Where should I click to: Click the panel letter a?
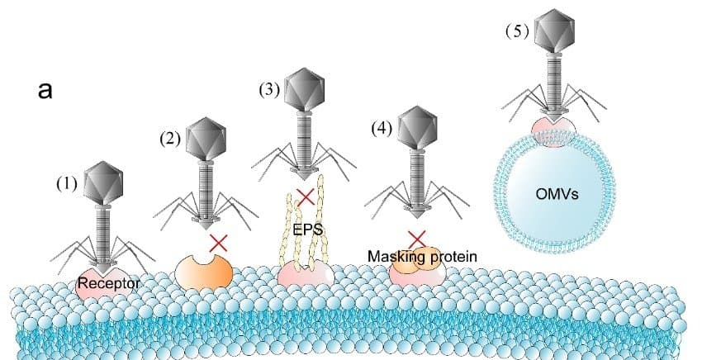(x=45, y=90)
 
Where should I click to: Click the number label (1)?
(x=67, y=183)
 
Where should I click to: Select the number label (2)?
(x=170, y=139)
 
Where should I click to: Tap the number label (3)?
(x=269, y=90)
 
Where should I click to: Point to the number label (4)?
(x=382, y=129)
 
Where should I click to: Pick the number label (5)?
(x=518, y=32)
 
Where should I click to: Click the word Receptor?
(x=108, y=283)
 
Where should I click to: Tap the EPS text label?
(x=307, y=230)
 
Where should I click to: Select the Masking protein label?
(x=422, y=257)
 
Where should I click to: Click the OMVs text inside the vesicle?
(x=557, y=194)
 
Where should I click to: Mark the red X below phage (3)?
(x=306, y=197)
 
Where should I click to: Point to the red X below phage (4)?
(x=417, y=239)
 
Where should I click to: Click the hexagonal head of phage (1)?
(x=103, y=182)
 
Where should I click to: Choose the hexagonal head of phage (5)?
(x=555, y=30)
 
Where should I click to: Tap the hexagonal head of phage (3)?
(x=305, y=88)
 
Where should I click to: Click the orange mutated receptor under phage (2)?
(x=204, y=272)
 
